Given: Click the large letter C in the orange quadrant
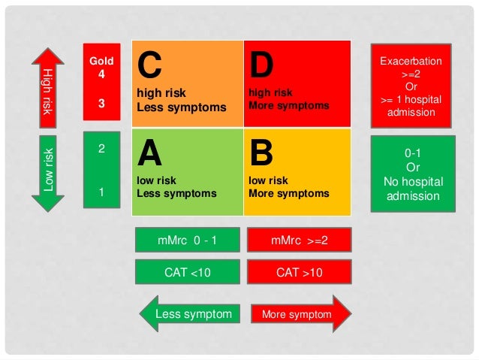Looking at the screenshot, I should [149, 66].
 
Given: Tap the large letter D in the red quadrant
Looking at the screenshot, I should [261, 66].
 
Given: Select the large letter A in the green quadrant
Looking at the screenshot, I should [149, 154].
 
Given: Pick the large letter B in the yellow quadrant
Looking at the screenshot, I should [261, 154].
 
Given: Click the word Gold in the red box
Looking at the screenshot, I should [101, 60].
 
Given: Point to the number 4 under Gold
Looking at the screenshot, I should [101, 74].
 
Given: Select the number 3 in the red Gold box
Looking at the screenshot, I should [101, 104].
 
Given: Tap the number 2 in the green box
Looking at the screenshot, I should [101, 148].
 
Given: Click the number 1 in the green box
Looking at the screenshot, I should [101, 192].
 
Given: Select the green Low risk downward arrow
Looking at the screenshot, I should [48, 171].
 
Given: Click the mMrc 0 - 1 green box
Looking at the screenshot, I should [187, 241].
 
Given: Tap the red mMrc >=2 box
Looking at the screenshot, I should [300, 241].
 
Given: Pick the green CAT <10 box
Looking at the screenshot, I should [187, 272].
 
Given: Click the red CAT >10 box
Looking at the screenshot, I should [300, 272].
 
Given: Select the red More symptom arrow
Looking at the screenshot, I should [300, 314].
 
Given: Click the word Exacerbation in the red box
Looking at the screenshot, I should [411, 61].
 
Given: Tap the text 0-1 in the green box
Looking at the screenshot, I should [412, 153].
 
